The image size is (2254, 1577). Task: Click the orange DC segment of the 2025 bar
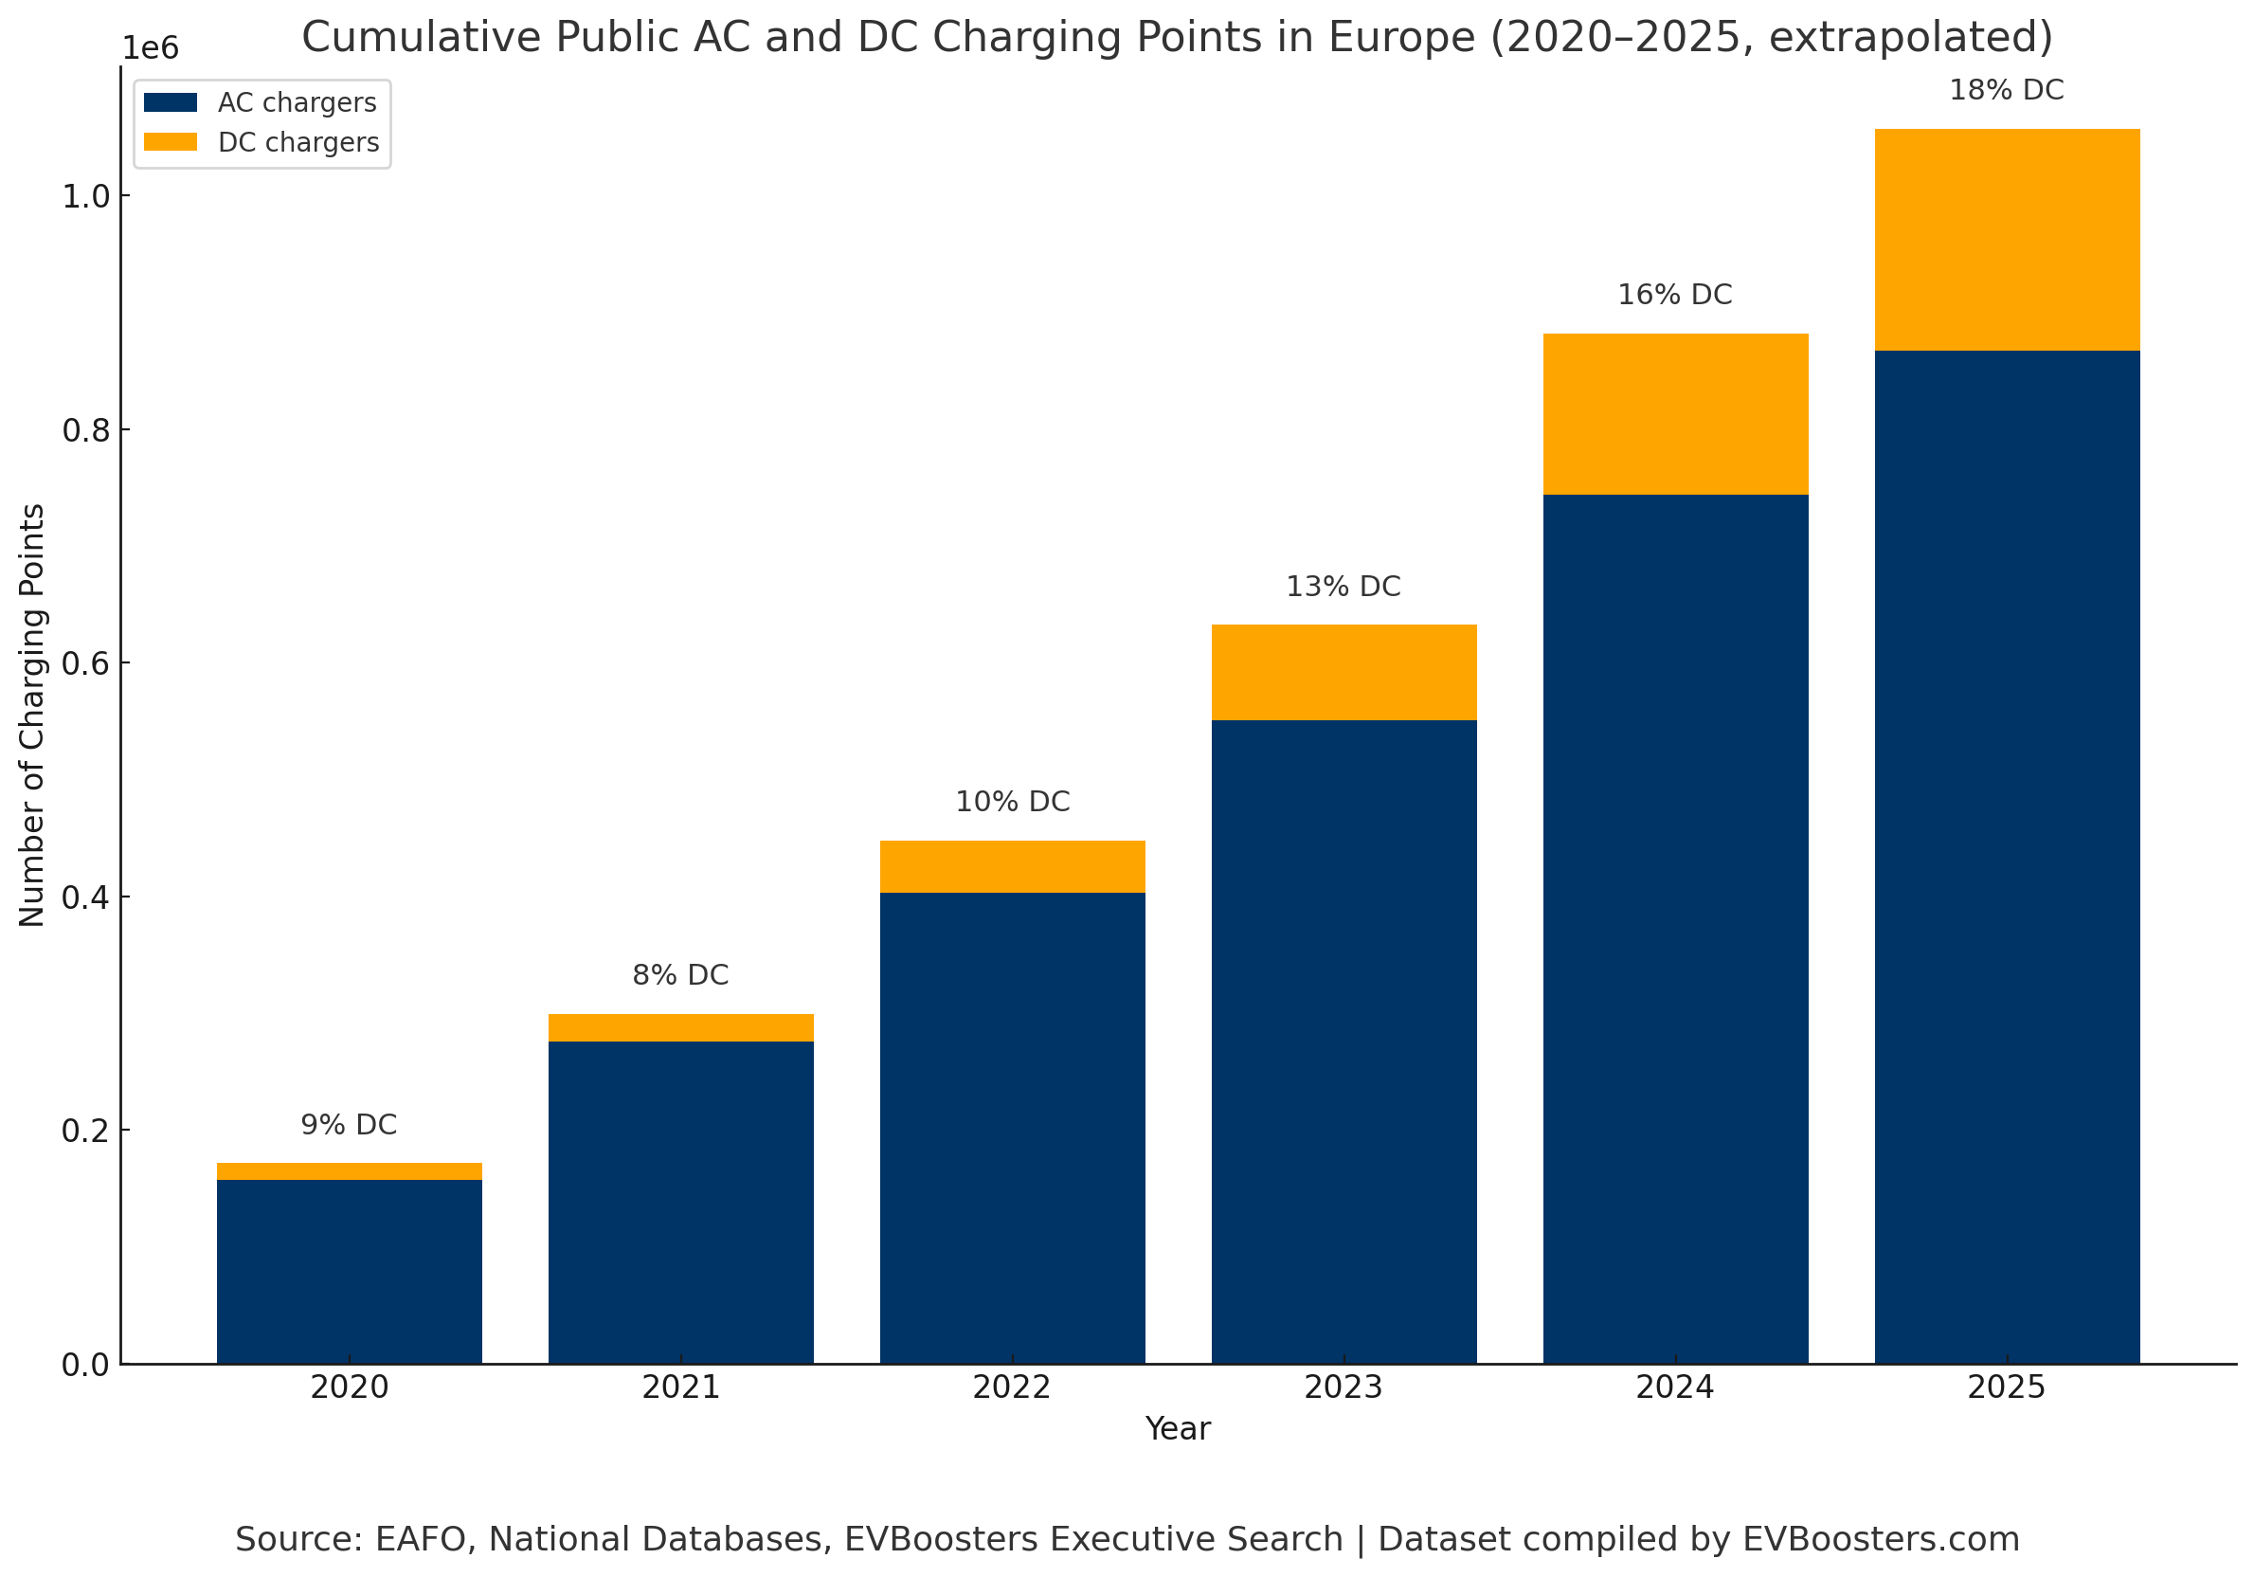(2007, 240)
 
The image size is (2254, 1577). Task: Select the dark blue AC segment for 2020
(349, 1271)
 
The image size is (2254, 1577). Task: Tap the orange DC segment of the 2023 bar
(1343, 673)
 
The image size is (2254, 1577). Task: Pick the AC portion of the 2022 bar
(1012, 1127)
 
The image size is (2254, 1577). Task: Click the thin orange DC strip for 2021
(680, 1027)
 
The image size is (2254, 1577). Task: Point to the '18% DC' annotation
(2007, 90)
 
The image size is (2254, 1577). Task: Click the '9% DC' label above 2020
(349, 1124)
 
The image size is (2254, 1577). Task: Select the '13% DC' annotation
(1343, 587)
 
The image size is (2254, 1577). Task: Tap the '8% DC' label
(680, 975)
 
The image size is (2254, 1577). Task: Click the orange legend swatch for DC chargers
(170, 142)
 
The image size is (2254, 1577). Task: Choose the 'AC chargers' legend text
(297, 103)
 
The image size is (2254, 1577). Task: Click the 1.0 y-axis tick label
(84, 196)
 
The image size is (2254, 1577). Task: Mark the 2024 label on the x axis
(1675, 1387)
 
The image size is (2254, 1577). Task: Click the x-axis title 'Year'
(1177, 1429)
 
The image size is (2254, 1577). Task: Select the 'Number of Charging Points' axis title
(32, 715)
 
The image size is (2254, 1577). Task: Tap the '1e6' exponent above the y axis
(151, 48)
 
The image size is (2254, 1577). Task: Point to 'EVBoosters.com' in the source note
(1881, 1539)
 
